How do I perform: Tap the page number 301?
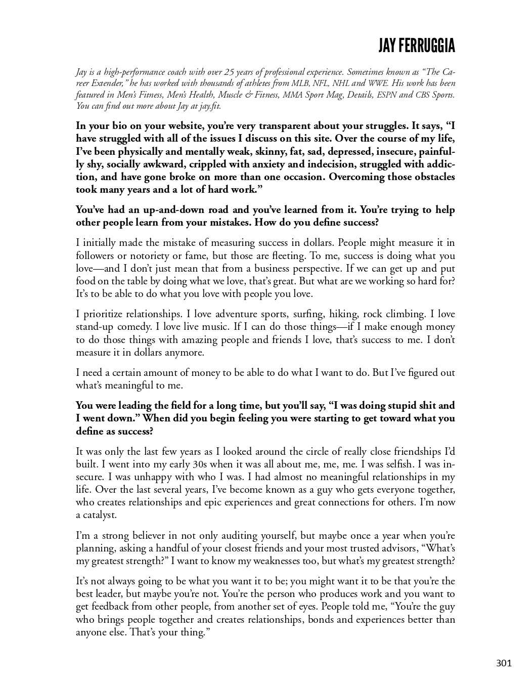(x=504, y=663)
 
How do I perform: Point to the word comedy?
(x=135, y=327)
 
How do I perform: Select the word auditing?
(x=238, y=536)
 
